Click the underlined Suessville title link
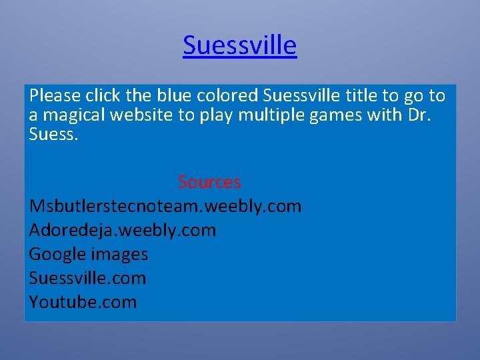pyautogui.click(x=239, y=45)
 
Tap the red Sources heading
pyautogui.click(x=209, y=182)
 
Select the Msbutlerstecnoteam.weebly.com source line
pyautogui.click(x=165, y=206)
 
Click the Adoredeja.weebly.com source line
pyautogui.click(x=123, y=230)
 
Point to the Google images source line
pyautogui.click(x=89, y=254)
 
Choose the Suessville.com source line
pyautogui.click(x=87, y=278)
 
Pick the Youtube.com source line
pyautogui.click(x=83, y=302)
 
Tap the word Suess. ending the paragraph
pyautogui.click(x=54, y=134)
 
